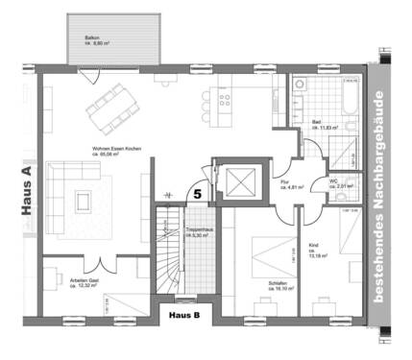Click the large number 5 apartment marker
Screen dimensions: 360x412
(x=197, y=193)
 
